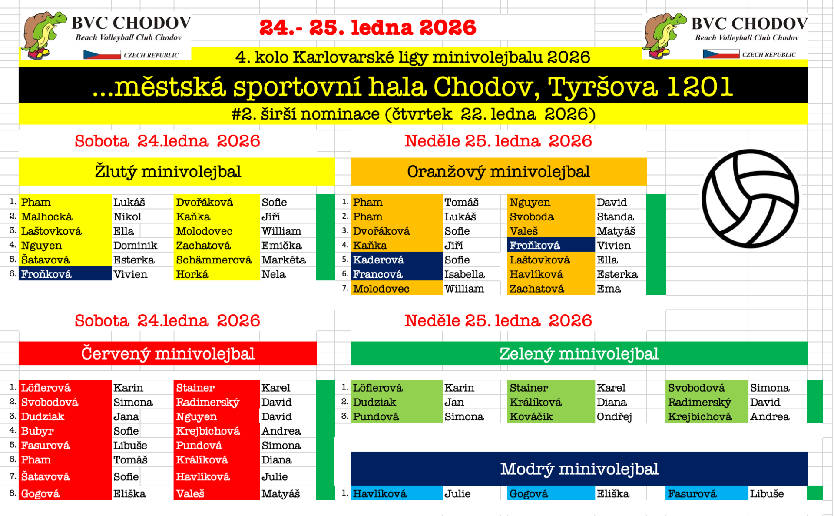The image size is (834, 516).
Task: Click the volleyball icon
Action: [x=750, y=199]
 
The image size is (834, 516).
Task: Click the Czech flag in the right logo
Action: [x=721, y=54]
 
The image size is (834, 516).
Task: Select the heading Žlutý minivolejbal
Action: [x=168, y=172]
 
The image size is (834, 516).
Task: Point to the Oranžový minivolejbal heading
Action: [x=498, y=172]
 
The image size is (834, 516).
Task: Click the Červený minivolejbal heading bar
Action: [x=168, y=353]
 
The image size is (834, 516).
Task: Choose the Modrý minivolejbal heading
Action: [x=579, y=469]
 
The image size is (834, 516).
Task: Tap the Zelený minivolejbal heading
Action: [x=579, y=353]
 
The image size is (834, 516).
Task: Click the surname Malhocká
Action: [x=47, y=216]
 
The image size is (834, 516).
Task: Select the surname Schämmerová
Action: [x=214, y=260]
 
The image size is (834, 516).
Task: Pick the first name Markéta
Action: [x=284, y=260]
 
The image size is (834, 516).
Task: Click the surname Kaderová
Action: [x=378, y=260]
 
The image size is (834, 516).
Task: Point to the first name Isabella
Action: [x=464, y=274]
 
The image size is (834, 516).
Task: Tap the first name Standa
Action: [x=615, y=216]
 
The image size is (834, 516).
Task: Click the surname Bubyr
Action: [x=37, y=431]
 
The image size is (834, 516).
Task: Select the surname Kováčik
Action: [x=531, y=416]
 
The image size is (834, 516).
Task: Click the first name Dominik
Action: [x=135, y=246]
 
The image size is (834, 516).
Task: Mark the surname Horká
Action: [x=192, y=274]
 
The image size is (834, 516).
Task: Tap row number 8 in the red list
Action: [x=13, y=493]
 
